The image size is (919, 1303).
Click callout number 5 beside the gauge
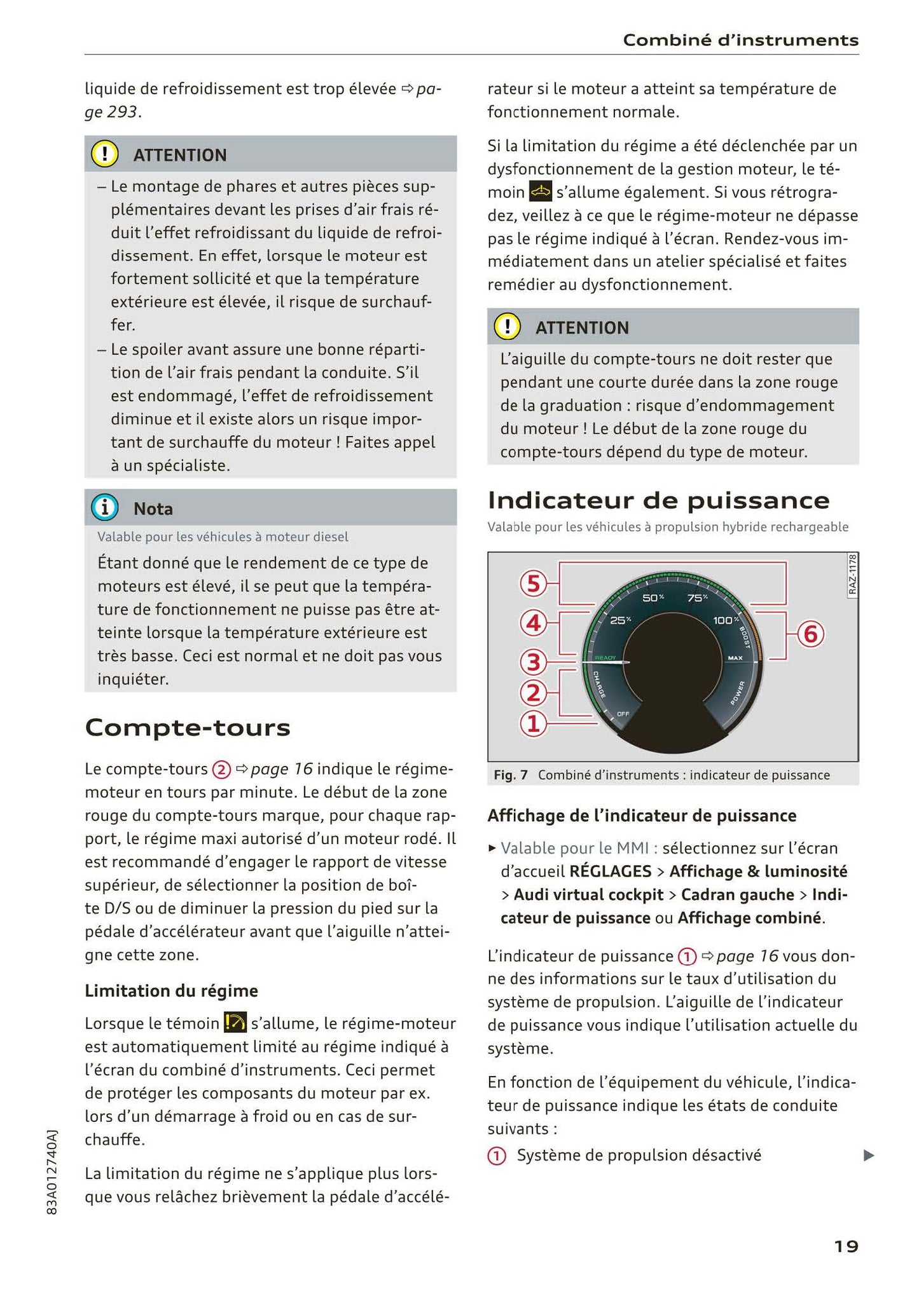coord(533,583)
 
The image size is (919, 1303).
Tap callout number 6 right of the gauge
coord(811,634)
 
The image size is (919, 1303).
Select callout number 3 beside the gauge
coord(533,663)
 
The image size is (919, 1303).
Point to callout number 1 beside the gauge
coord(533,723)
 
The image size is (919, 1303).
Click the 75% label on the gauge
coord(698,598)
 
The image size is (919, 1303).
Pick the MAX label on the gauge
coord(735,658)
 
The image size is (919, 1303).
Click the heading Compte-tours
coord(188,728)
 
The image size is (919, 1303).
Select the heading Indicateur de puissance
coord(658,501)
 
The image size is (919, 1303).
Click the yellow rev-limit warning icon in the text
coord(235,1023)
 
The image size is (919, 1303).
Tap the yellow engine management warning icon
coord(540,191)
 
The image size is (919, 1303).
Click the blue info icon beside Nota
coord(105,508)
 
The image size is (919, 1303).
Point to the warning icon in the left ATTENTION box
coord(105,154)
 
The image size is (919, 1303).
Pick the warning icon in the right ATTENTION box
coord(508,327)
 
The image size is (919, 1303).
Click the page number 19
coord(846,1246)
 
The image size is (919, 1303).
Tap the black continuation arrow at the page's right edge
coord(869,1156)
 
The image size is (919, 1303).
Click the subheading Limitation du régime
coord(171,990)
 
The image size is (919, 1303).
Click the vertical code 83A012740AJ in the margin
coord(53,1172)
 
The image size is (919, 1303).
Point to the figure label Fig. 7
coord(511,775)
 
